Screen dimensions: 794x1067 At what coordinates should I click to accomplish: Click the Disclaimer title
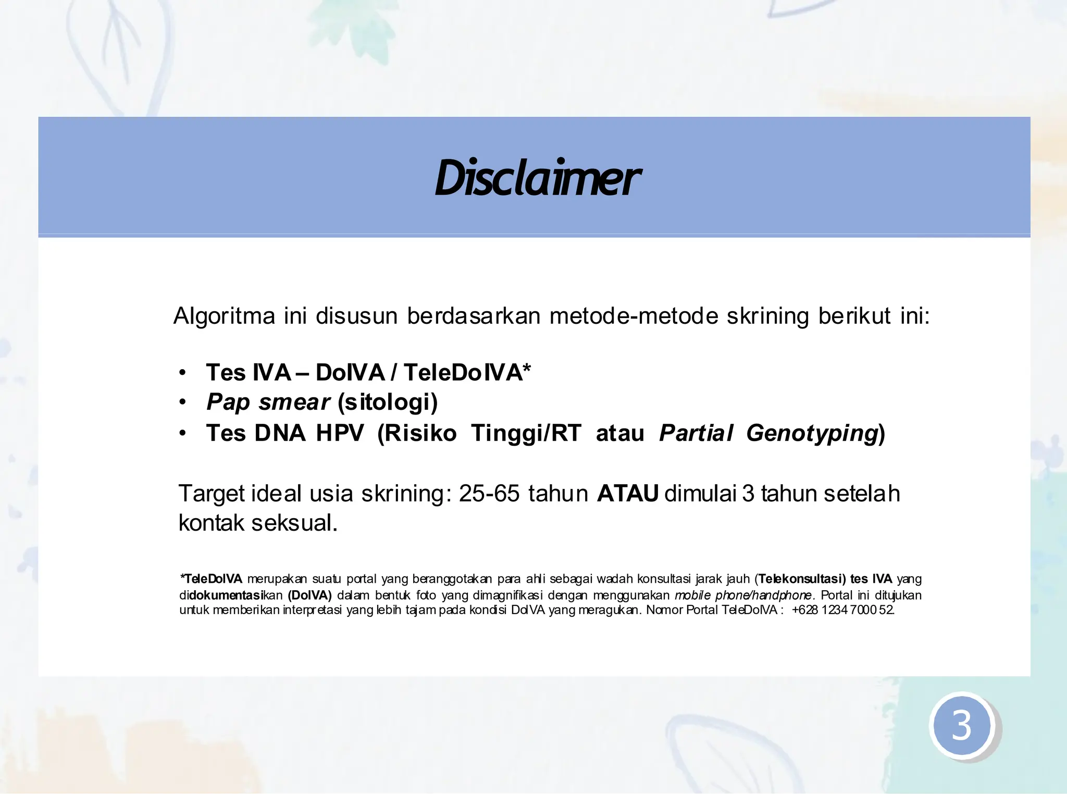coord(537,178)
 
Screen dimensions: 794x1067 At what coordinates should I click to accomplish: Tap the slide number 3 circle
coord(962,725)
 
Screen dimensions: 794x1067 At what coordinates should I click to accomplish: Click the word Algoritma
coord(224,316)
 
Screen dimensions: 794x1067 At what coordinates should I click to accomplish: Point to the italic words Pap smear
coord(268,402)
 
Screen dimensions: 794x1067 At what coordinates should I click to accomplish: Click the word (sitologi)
coord(388,402)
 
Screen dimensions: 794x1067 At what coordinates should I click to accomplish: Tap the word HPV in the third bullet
coord(340,433)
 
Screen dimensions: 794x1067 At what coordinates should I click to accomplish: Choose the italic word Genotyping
coord(812,433)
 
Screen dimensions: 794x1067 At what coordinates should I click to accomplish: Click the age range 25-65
coord(489,493)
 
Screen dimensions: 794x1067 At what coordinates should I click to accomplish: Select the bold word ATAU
coord(628,493)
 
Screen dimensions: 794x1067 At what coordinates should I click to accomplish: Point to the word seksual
coord(294,523)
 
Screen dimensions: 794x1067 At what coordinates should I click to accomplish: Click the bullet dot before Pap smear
coord(182,402)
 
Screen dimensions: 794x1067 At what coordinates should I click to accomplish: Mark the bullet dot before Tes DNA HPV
coord(182,434)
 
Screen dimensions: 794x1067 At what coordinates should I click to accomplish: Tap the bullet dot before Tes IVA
coord(182,373)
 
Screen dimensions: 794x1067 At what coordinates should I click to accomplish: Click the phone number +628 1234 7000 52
coord(842,610)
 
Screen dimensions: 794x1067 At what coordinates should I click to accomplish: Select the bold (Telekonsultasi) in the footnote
coord(802,579)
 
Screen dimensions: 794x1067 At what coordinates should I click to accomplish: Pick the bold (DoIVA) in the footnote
coord(309,595)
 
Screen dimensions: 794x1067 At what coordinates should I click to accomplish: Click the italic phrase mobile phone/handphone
coord(743,595)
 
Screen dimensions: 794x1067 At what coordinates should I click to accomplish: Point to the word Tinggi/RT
coord(526,433)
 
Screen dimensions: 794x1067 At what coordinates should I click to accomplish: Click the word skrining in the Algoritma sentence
coord(767,316)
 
